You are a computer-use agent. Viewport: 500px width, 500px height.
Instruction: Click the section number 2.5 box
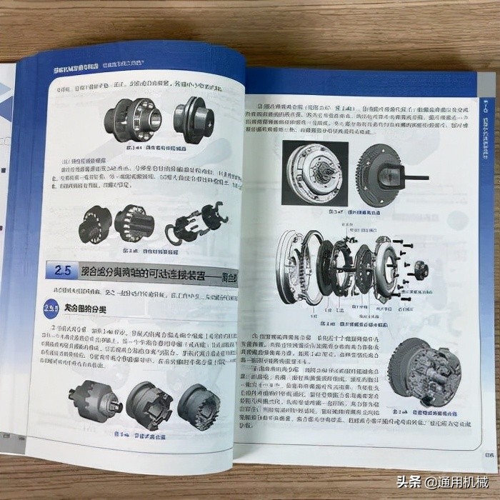[63, 271]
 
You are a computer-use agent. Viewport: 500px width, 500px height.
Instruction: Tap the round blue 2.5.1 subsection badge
[52, 308]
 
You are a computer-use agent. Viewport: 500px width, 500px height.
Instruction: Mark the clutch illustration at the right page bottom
[427, 373]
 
